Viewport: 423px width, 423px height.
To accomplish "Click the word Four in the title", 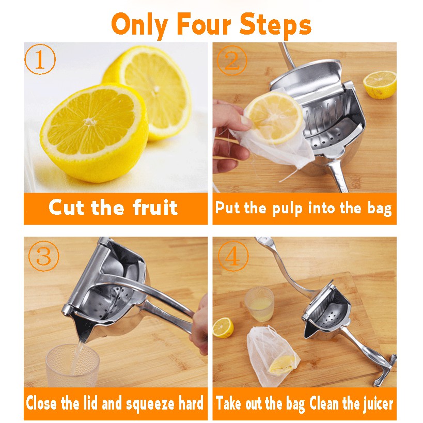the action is [203, 25].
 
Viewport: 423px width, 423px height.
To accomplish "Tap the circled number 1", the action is [40, 59].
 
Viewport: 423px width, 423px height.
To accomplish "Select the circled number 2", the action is [232, 60].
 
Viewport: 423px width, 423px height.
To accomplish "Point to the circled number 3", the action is [44, 256].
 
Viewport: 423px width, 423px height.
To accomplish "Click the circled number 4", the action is [232, 256].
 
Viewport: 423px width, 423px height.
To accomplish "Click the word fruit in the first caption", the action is [155, 207].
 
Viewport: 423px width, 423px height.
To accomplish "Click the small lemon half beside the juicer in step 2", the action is [380, 84].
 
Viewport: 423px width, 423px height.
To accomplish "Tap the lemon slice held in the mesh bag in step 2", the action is [274, 117].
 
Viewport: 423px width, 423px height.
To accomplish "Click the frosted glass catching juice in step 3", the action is [72, 365].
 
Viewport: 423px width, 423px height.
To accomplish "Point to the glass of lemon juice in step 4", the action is [259, 304].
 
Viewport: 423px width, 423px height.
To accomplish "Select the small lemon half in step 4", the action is [223, 327].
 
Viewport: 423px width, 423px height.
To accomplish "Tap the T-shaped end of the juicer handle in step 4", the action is [385, 370].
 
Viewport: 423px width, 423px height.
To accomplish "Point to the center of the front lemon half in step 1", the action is [89, 122].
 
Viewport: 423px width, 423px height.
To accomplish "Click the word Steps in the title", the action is [275, 25].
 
